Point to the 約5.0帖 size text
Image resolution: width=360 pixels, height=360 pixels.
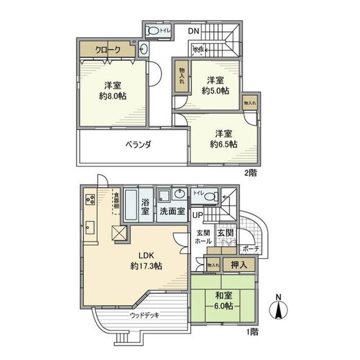(215, 91)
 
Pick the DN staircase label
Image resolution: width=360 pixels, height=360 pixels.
(194, 31)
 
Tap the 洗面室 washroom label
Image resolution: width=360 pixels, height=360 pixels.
(171, 210)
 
